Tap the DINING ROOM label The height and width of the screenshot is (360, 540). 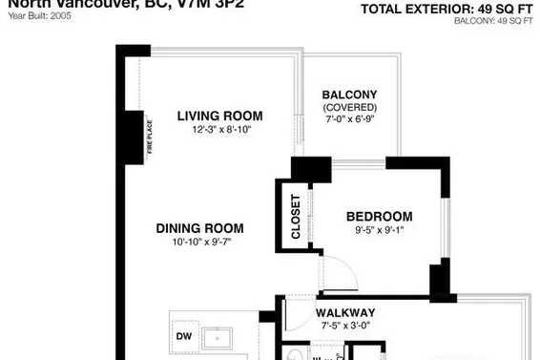[200, 228]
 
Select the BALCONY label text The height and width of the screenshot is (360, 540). [349, 95]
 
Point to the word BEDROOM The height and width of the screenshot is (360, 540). [379, 217]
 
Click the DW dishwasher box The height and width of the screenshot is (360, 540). [183, 336]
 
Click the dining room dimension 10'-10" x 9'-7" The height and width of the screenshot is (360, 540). [200, 242]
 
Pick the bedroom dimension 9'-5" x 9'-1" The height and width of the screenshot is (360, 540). [379, 230]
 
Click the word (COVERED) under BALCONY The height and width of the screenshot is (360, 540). [349, 107]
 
